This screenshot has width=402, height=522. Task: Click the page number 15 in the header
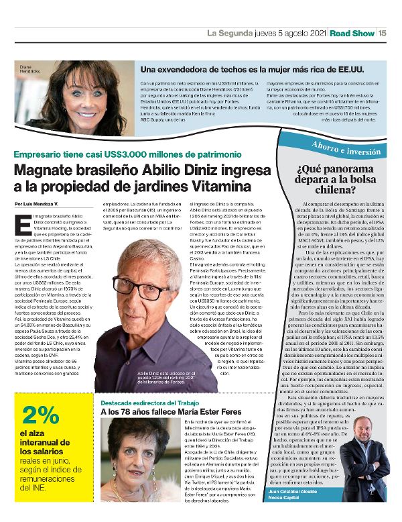[x=382, y=32]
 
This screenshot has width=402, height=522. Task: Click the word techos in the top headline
[x=214, y=68]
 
